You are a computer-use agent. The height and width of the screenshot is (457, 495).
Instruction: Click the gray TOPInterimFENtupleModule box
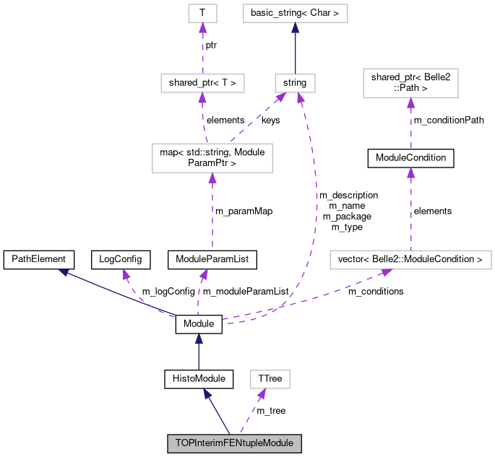pyautogui.click(x=234, y=443)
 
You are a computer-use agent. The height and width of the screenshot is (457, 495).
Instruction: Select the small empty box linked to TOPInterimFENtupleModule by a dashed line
pyautogui.click(x=270, y=379)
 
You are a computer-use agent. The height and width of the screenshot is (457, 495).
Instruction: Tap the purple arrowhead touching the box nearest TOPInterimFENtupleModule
pyautogui.click(x=262, y=393)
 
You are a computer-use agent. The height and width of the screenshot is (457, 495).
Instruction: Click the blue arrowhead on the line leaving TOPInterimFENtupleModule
pyautogui.click(x=207, y=393)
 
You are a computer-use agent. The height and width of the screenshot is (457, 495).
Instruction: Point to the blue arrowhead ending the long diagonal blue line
pyautogui.click(x=64, y=272)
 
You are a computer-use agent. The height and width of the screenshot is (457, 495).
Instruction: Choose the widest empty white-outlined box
pyautogui.click(x=410, y=260)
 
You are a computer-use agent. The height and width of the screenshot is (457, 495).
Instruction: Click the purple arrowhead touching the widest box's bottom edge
pyautogui.click(x=387, y=273)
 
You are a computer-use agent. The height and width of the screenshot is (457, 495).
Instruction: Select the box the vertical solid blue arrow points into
pyautogui.click(x=295, y=14)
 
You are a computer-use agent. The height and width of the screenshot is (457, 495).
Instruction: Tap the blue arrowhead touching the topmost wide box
pyautogui.click(x=295, y=27)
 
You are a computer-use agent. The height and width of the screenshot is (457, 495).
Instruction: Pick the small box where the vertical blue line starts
pyautogui.click(x=295, y=83)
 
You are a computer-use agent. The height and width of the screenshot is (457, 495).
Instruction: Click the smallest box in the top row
pyautogui.click(x=202, y=13)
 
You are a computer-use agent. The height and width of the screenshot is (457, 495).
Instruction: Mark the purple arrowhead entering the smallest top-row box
pyautogui.click(x=202, y=27)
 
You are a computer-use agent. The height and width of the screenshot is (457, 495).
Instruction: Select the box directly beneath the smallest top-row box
pyautogui.click(x=202, y=83)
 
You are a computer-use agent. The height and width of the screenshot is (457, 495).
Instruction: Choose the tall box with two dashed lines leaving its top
pyautogui.click(x=212, y=158)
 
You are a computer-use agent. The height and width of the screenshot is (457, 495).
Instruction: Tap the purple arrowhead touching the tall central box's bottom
pyautogui.click(x=212, y=178)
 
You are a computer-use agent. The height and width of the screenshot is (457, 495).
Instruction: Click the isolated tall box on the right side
pyautogui.click(x=410, y=83)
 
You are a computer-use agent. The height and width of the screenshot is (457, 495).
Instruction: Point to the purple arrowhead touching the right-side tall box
pyautogui.click(x=410, y=103)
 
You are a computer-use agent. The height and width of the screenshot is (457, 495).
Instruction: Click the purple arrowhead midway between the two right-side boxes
pyautogui.click(x=410, y=172)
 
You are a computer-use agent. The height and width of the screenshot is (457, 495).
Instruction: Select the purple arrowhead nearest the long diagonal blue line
pyautogui.click(x=126, y=274)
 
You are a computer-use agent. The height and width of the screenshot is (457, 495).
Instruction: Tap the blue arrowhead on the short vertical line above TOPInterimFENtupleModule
pyautogui.click(x=198, y=338)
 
